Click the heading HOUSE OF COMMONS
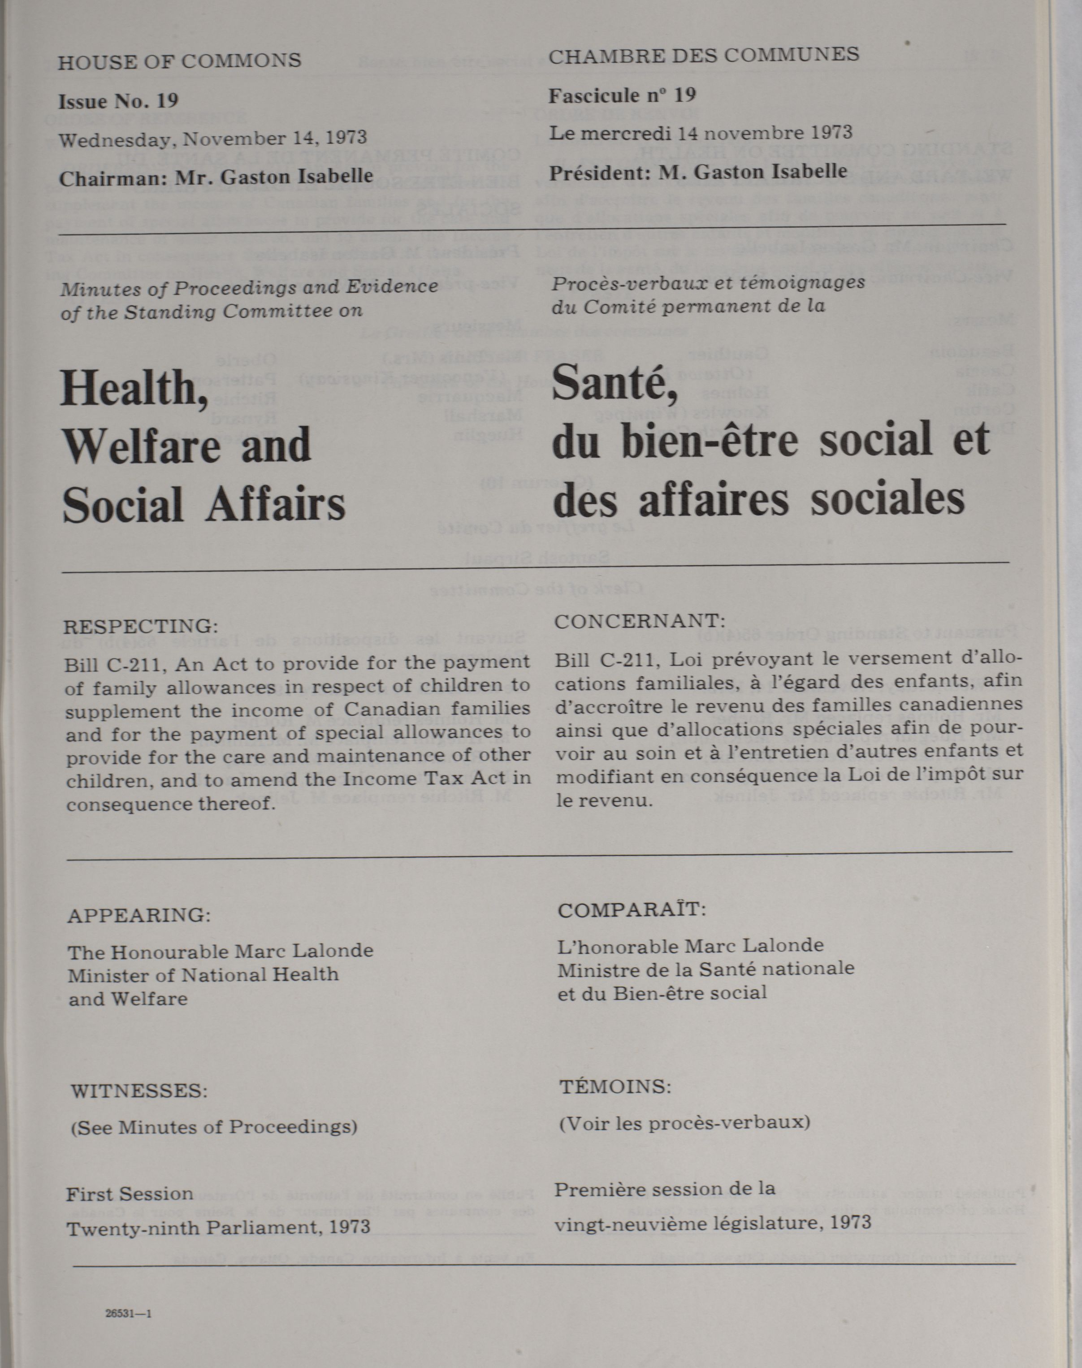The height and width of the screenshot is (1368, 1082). (x=179, y=61)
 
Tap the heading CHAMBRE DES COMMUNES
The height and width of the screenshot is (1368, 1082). (x=703, y=55)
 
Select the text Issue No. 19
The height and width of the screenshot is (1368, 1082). (x=118, y=101)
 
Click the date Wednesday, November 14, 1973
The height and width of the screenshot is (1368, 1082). (x=213, y=139)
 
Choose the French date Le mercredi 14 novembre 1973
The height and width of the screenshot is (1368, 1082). (x=700, y=134)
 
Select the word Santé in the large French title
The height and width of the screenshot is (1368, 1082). (x=615, y=385)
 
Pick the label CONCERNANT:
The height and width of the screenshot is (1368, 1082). (x=639, y=621)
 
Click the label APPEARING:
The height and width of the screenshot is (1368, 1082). (x=139, y=915)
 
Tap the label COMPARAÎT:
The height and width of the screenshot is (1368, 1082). (x=632, y=910)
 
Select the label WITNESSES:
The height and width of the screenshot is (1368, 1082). (x=139, y=1091)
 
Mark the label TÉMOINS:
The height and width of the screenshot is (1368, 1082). (x=615, y=1087)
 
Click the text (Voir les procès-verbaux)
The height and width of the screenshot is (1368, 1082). (x=684, y=1123)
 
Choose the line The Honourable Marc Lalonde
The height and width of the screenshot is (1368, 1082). (x=221, y=951)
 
